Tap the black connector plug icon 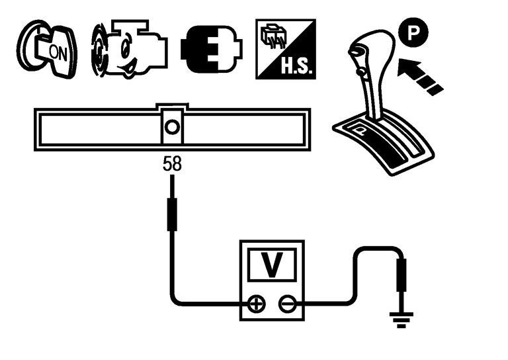(210, 48)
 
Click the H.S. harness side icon (285, 46)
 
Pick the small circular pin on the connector (172, 126)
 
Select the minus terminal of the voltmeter (286, 304)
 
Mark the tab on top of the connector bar (172, 107)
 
